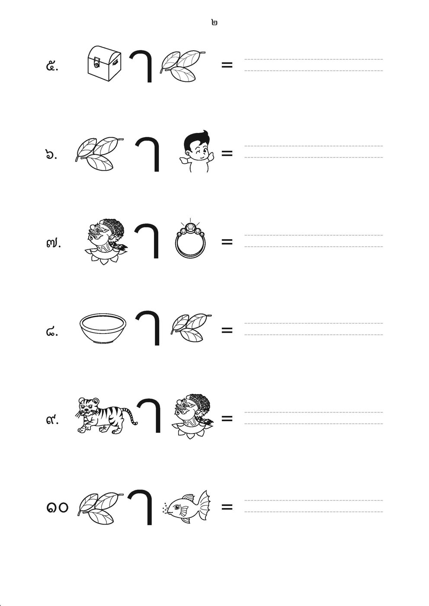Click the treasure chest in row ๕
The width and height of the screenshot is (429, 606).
point(105,64)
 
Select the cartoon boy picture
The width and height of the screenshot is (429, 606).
point(197,151)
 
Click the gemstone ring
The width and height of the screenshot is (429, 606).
point(191,238)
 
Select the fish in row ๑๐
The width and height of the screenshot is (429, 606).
point(187,506)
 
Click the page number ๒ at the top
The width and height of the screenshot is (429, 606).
point(214,23)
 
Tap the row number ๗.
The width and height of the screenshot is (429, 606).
point(53,243)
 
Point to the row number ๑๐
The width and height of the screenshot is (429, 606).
point(57,507)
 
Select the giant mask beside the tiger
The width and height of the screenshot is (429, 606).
point(192,416)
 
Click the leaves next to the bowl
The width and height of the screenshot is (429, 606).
point(191,328)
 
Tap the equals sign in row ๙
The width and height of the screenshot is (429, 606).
point(227,419)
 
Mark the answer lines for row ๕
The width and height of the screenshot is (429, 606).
point(314,65)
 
